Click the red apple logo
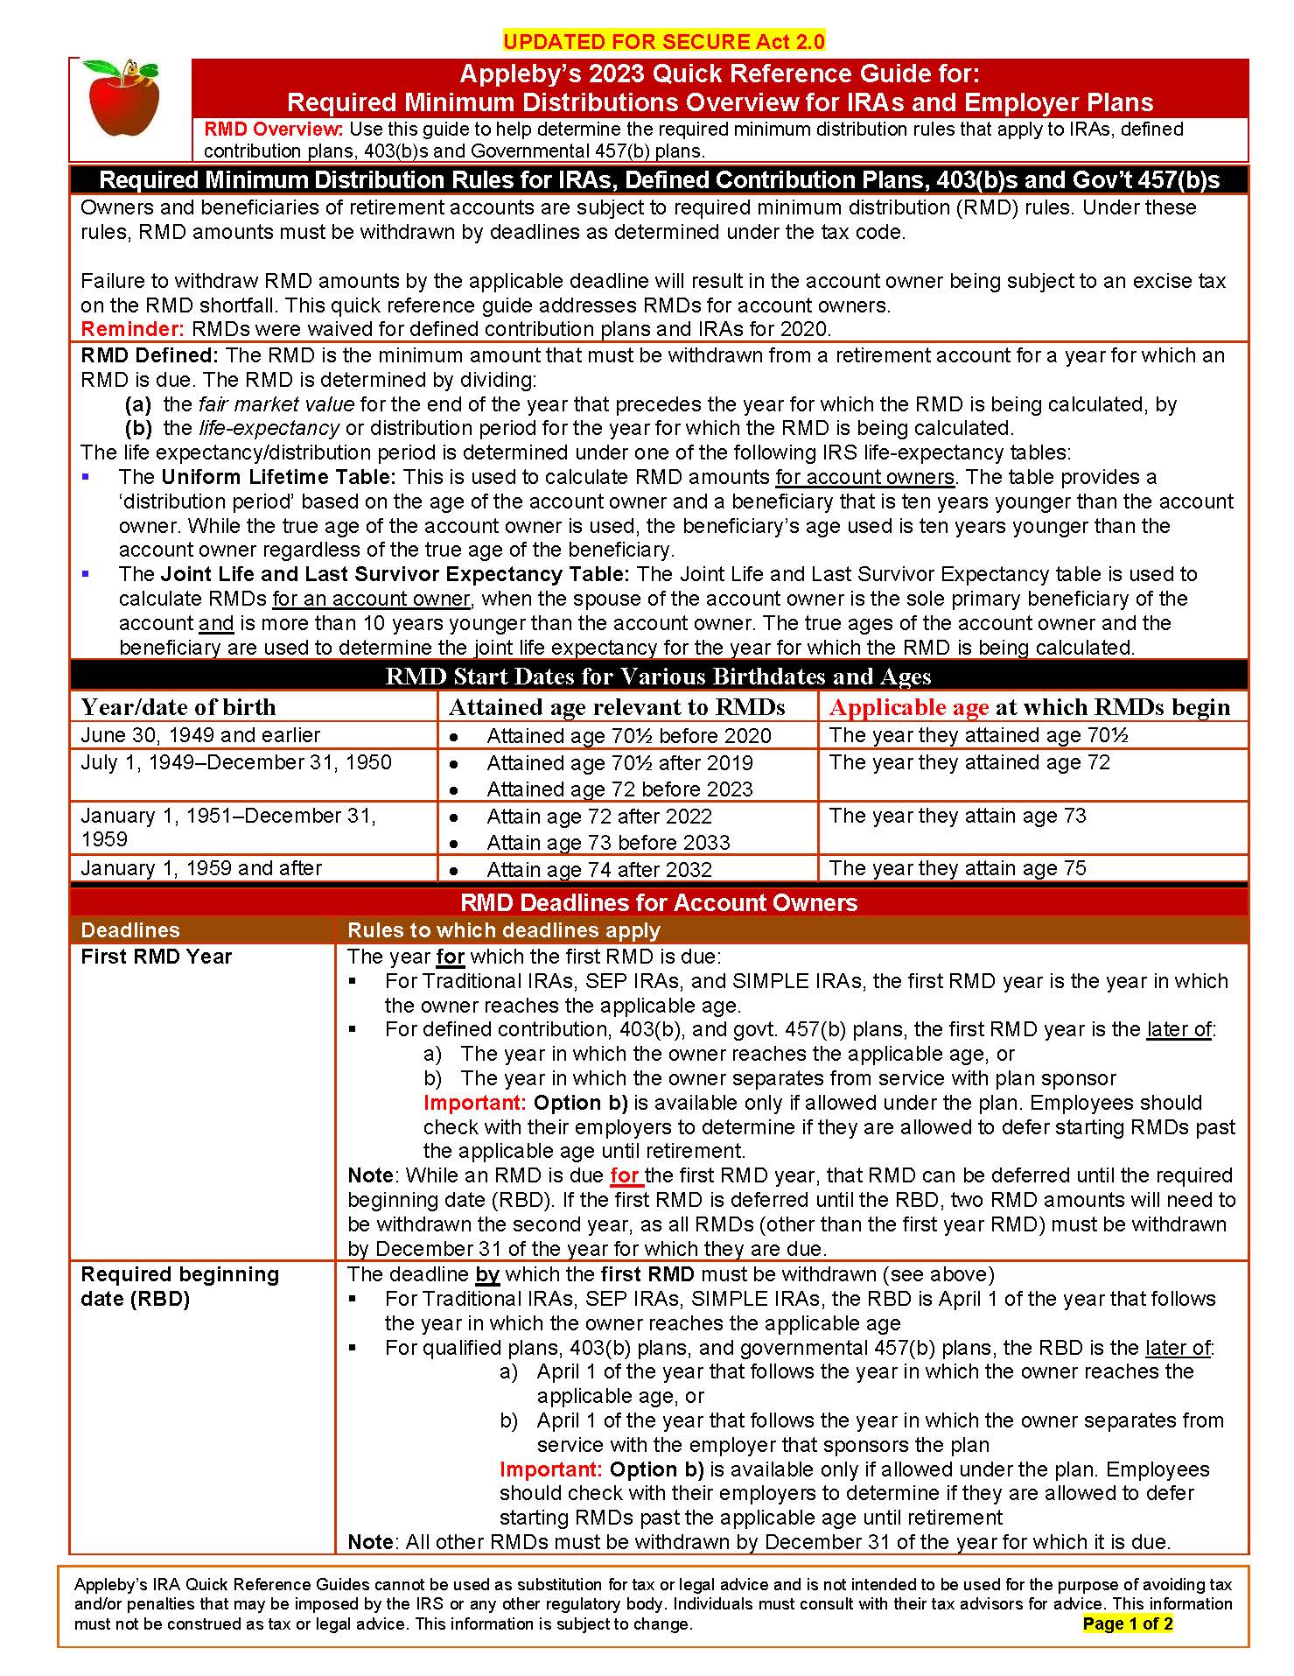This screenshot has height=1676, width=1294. pyautogui.click(x=124, y=98)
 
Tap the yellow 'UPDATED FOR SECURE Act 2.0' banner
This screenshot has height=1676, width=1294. pyautogui.click(x=664, y=42)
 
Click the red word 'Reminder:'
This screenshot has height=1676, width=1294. pyautogui.click(x=132, y=329)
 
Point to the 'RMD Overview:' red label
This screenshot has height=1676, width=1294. pyautogui.click(x=274, y=130)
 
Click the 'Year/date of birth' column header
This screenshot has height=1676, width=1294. pyautogui.click(x=178, y=707)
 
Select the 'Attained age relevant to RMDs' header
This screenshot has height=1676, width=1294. pyautogui.click(x=617, y=707)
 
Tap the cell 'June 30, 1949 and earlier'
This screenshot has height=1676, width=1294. pyautogui.click(x=200, y=735)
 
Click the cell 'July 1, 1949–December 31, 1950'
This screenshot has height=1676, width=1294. pyautogui.click(x=236, y=762)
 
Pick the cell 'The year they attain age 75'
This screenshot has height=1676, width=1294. pyautogui.click(x=957, y=868)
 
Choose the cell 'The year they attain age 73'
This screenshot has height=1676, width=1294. pyautogui.click(x=957, y=816)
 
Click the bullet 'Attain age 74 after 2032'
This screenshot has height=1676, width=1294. pyautogui.click(x=599, y=869)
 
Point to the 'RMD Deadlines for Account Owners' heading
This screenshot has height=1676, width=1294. pyautogui.click(x=659, y=902)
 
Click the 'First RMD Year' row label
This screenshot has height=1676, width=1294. pyautogui.click(x=156, y=957)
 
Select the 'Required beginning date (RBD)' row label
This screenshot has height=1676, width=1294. pyautogui.click(x=179, y=1286)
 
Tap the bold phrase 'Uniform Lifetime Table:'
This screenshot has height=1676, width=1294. pyautogui.click(x=279, y=477)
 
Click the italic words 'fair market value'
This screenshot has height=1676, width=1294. pyautogui.click(x=276, y=404)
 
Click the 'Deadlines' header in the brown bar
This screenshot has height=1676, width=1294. pyautogui.click(x=130, y=930)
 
